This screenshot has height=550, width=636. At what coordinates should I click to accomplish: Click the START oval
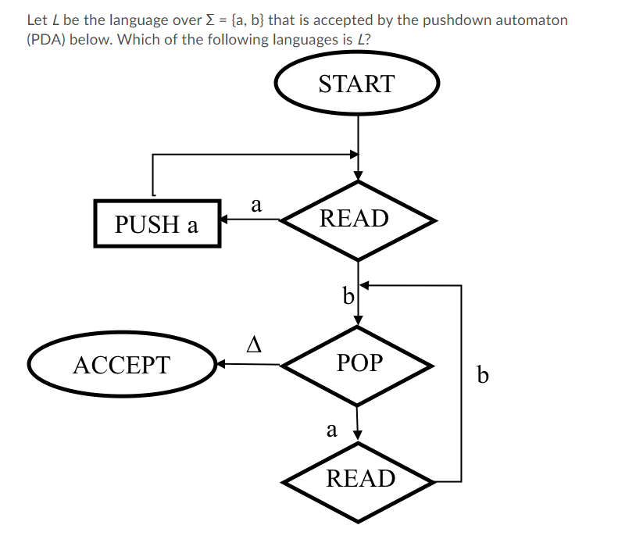click(x=357, y=83)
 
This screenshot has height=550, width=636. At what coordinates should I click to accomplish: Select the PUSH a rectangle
click(x=156, y=224)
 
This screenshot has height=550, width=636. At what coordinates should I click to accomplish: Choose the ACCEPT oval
click(x=121, y=365)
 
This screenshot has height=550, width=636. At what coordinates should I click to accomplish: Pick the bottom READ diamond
click(x=359, y=479)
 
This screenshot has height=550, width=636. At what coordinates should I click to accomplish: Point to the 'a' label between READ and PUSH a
click(x=255, y=205)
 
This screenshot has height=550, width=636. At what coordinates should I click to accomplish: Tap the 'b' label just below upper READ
click(x=348, y=296)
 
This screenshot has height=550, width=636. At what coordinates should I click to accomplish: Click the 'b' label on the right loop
click(x=482, y=377)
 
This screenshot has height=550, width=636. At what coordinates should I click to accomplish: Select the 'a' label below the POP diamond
click(x=332, y=429)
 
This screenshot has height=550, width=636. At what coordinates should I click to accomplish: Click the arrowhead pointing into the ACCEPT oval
click(x=222, y=364)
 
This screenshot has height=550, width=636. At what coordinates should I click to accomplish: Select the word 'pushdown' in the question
click(x=453, y=20)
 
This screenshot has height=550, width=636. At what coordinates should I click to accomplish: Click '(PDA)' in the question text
click(x=46, y=39)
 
